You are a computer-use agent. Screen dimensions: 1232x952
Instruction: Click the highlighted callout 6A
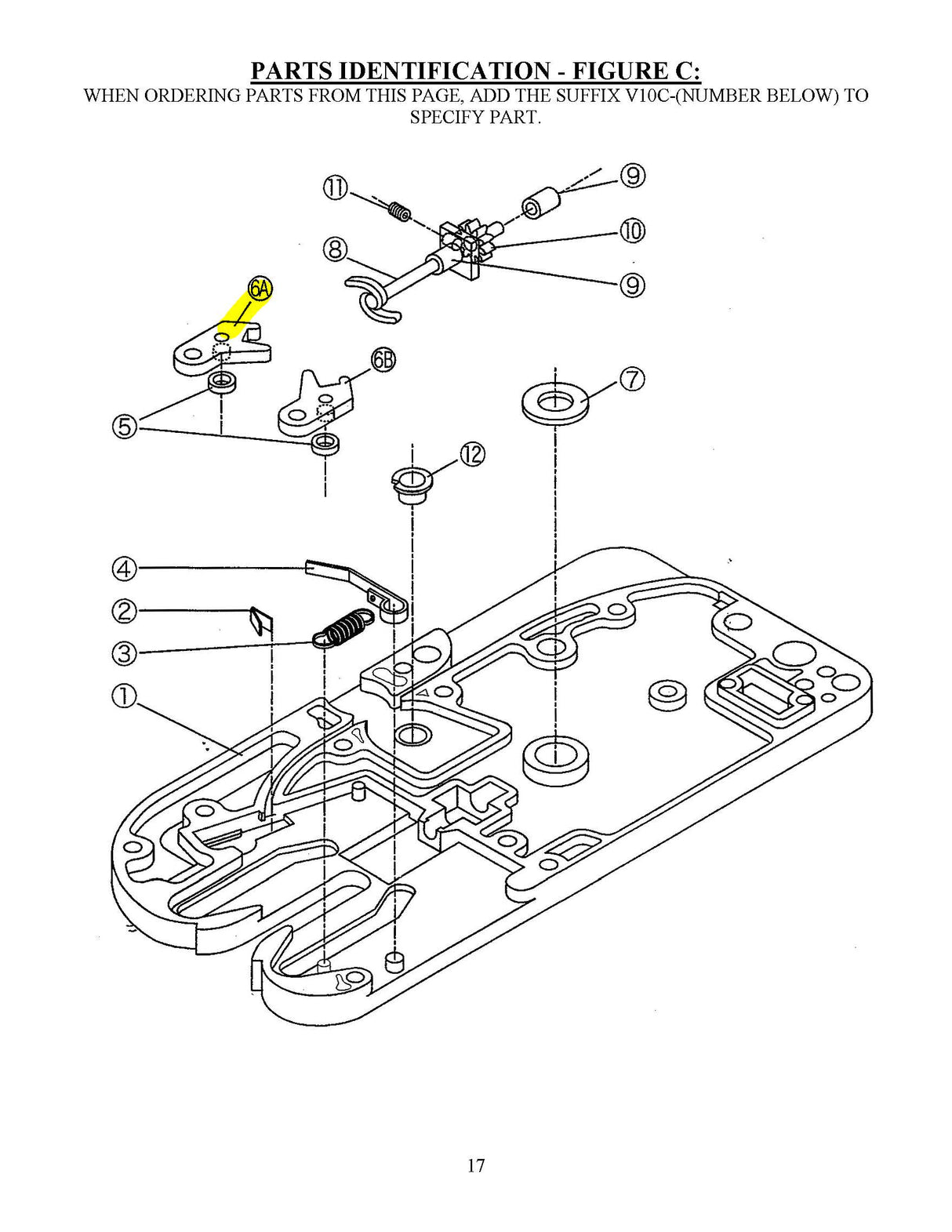pyautogui.click(x=260, y=289)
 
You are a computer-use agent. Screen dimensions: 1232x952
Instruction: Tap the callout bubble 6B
pyautogui.click(x=383, y=360)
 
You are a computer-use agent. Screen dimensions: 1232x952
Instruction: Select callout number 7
pyautogui.click(x=632, y=380)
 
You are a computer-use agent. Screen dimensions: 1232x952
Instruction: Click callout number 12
pyautogui.click(x=472, y=454)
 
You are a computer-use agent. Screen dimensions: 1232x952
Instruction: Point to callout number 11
pyautogui.click(x=335, y=188)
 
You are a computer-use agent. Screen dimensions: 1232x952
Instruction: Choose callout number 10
pyautogui.click(x=632, y=231)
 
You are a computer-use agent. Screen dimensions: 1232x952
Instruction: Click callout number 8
pyautogui.click(x=335, y=249)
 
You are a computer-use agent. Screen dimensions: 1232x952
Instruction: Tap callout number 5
pyautogui.click(x=125, y=427)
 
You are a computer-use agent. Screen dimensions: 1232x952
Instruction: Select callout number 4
pyautogui.click(x=125, y=568)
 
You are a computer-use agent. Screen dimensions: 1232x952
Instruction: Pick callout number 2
pyautogui.click(x=125, y=610)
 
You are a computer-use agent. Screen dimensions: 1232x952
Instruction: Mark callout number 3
pyautogui.click(x=125, y=652)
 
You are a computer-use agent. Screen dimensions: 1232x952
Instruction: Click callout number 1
pyautogui.click(x=125, y=696)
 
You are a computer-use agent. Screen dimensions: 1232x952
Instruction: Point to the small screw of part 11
pyautogui.click(x=400, y=211)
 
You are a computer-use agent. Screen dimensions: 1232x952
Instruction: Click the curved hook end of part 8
pyautogui.click(x=369, y=302)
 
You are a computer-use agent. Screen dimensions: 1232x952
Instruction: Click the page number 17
pyautogui.click(x=476, y=1165)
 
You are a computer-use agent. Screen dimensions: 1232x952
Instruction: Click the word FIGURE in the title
pyautogui.click(x=618, y=71)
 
